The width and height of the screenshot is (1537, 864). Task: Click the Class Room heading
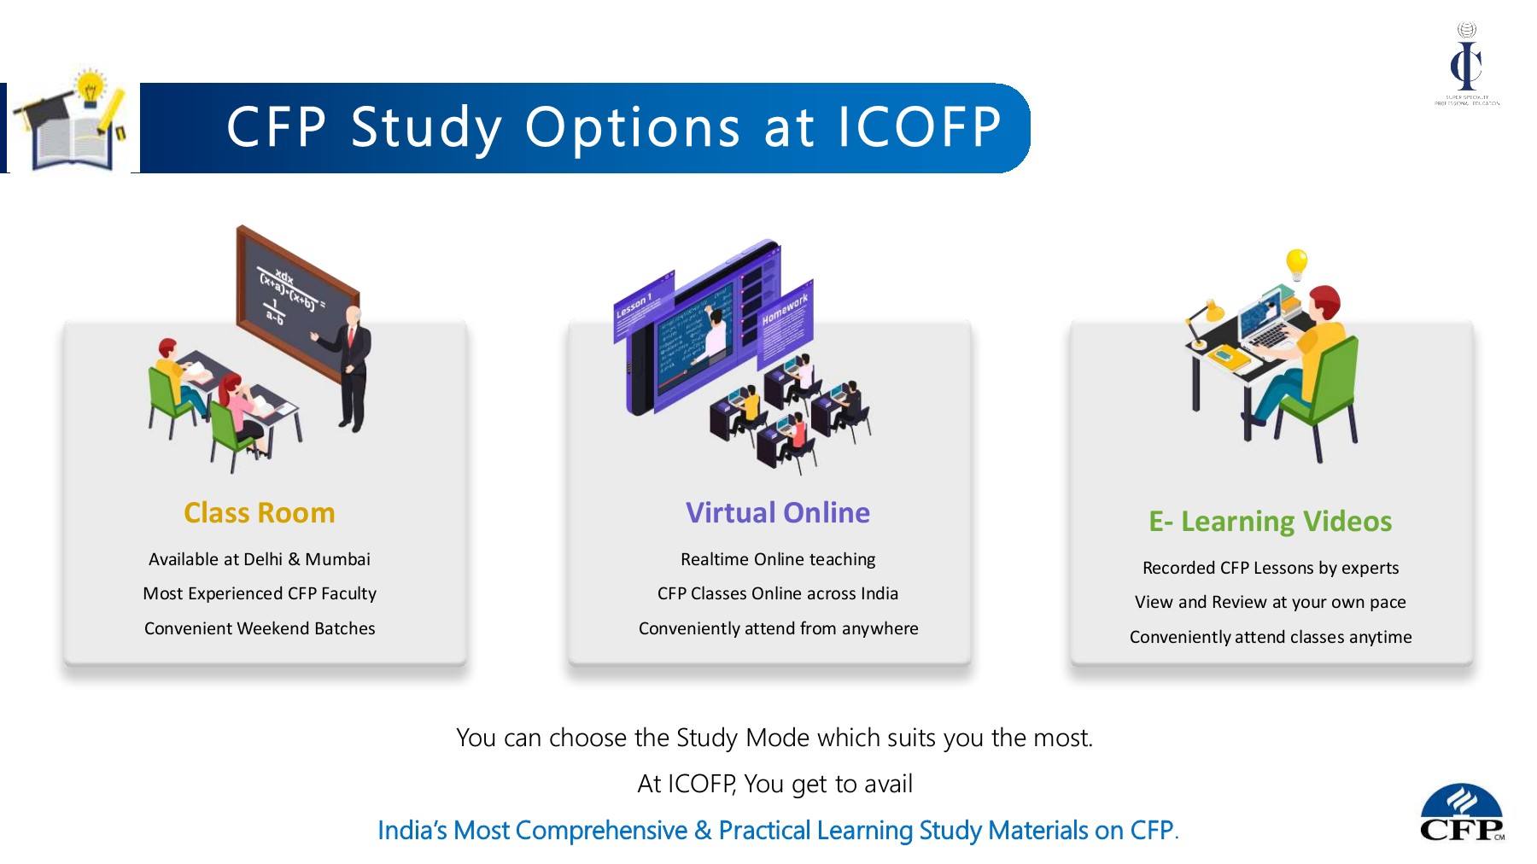(259, 513)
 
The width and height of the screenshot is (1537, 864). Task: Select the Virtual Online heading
(778, 513)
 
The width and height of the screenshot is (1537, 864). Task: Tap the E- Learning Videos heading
(1270, 522)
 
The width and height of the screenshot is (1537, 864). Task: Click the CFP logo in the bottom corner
(1461, 814)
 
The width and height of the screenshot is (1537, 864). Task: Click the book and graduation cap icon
(74, 124)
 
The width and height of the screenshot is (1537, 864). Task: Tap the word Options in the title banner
(632, 128)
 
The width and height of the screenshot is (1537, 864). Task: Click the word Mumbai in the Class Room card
(337, 559)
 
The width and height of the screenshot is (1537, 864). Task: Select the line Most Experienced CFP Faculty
(259, 593)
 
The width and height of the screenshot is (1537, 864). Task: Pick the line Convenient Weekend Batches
(259, 628)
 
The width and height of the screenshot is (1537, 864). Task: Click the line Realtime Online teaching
(778, 559)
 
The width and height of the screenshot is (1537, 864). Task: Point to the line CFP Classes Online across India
(778, 593)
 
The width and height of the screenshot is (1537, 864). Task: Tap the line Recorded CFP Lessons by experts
(1270, 568)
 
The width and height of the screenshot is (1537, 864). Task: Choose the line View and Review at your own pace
(1270, 602)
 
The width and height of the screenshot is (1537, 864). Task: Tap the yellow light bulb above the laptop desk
(1296, 263)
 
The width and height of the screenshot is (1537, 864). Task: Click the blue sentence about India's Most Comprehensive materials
(778, 831)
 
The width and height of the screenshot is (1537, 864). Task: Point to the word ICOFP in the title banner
(920, 128)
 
